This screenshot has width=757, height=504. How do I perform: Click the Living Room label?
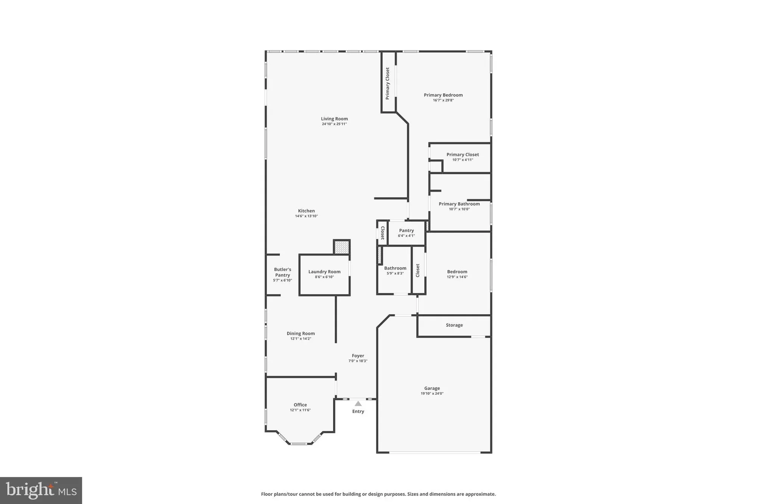point(334,119)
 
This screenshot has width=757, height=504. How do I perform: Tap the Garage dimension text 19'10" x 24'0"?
point(432,394)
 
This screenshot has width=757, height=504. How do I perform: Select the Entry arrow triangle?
point(358,404)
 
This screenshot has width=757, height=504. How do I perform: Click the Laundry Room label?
point(324,271)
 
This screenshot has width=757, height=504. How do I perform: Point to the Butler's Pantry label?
point(282,272)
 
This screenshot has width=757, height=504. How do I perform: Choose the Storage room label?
point(454,325)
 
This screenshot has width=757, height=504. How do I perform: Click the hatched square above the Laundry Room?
point(342,247)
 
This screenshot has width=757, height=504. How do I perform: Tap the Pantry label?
point(406,231)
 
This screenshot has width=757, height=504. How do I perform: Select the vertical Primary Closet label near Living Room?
point(388,84)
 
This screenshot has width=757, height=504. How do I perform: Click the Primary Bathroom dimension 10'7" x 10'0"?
point(459,209)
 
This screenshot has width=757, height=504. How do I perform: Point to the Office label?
point(300,405)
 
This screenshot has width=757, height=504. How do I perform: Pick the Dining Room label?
point(301,333)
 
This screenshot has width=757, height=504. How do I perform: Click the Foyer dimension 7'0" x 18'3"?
point(358,361)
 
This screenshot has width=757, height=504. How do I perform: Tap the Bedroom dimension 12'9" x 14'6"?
point(457,277)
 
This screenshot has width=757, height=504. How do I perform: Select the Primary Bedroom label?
point(443,95)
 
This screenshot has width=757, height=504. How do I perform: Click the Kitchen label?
point(306,211)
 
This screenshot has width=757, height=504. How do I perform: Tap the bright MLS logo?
point(41,490)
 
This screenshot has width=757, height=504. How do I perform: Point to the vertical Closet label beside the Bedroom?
point(418,270)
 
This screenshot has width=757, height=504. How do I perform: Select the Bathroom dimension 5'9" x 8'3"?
point(395,273)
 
